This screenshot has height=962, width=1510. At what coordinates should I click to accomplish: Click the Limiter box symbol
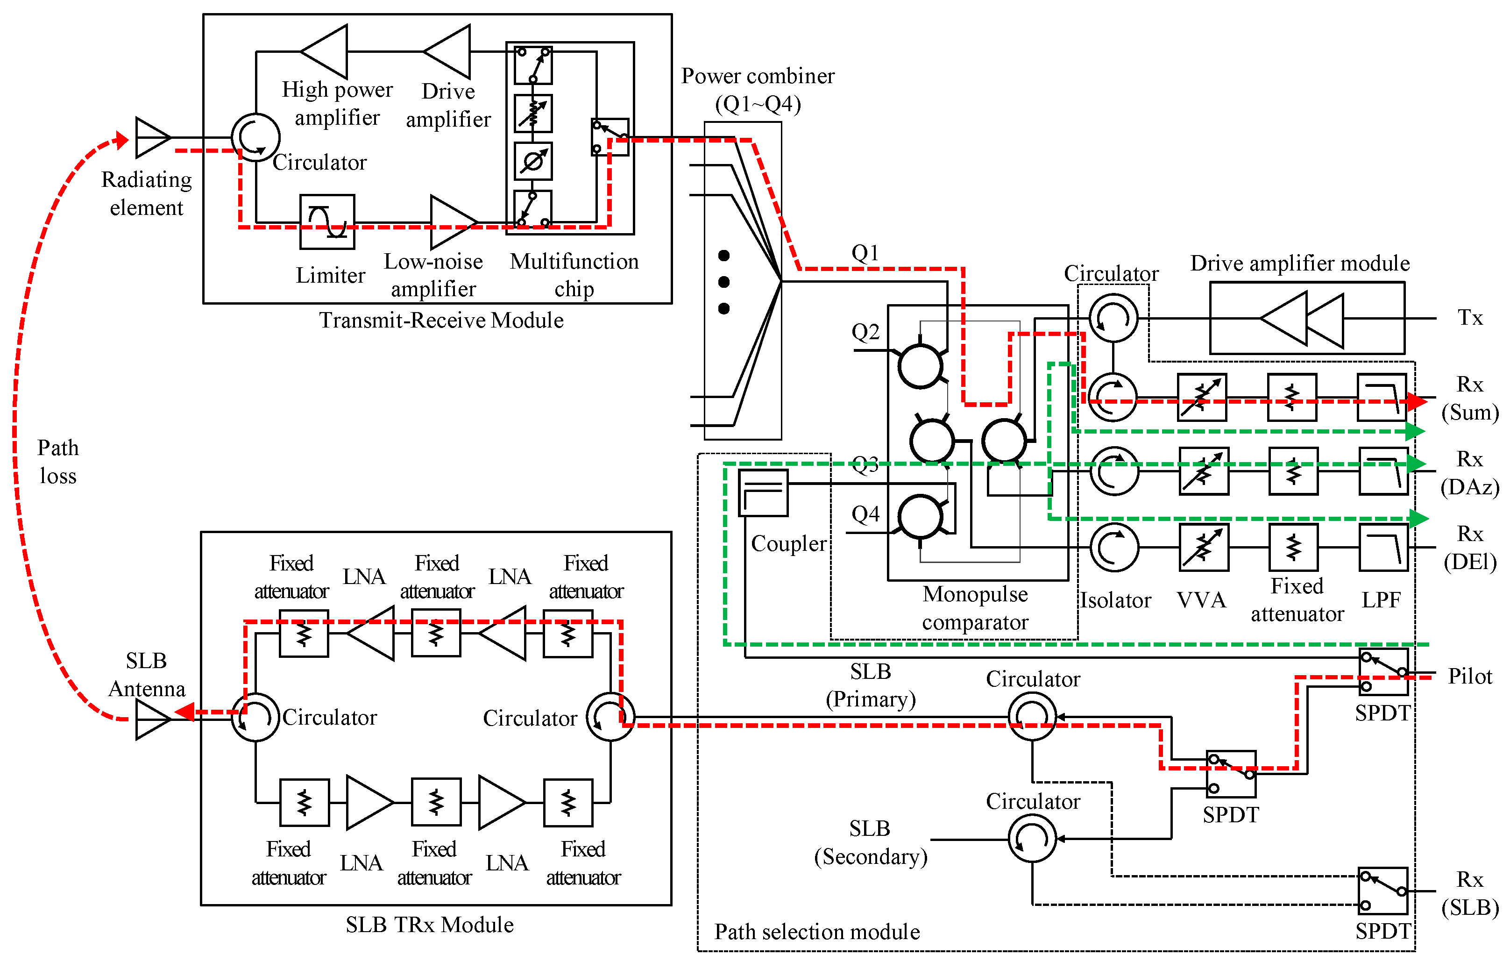click(326, 221)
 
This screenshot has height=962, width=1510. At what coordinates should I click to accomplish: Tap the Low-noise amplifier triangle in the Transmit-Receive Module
click(452, 222)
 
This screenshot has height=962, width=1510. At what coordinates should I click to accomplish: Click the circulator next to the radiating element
click(255, 137)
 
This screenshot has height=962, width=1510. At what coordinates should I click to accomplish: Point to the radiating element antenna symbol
click(151, 137)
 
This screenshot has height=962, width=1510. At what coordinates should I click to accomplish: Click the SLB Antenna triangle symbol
click(151, 720)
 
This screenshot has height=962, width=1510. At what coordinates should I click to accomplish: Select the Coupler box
click(763, 493)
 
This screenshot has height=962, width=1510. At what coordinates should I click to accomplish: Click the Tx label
click(1469, 318)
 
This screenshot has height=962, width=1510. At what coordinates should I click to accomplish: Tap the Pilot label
click(1469, 677)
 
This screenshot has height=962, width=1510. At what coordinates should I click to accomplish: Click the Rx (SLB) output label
click(1469, 893)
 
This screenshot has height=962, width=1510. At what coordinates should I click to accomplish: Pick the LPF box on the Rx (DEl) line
click(1382, 548)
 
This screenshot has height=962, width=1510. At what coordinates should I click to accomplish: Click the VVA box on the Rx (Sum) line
click(1201, 398)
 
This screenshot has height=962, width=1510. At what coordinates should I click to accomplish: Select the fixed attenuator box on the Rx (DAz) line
click(1293, 471)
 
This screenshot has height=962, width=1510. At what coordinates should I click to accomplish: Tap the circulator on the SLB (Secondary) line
click(1032, 839)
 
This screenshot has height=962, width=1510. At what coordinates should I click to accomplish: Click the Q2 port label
click(865, 332)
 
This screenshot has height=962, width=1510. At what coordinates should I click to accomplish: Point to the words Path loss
click(58, 462)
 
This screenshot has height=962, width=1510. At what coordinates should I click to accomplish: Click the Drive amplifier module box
click(1307, 318)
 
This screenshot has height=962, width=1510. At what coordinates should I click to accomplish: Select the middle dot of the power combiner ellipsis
click(723, 282)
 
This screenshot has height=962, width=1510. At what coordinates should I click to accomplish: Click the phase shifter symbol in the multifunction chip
click(533, 161)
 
